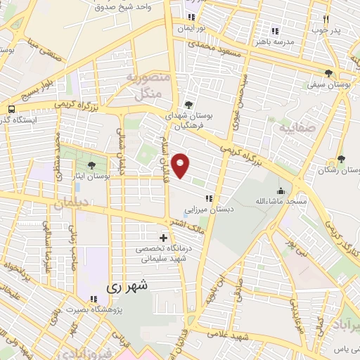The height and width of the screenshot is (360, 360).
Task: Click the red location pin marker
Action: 181,165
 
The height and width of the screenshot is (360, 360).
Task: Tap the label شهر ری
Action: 128,287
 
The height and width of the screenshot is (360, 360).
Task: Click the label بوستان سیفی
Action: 325,85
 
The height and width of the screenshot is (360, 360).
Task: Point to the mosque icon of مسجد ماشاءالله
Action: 281,191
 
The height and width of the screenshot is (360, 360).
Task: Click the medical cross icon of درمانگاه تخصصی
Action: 164,239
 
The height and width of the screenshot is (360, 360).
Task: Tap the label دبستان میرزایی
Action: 209,209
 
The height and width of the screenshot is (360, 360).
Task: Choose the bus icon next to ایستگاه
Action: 11,109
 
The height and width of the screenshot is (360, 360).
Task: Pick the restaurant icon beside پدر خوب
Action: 326,20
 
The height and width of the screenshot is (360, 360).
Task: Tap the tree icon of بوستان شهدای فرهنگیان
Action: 188,105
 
